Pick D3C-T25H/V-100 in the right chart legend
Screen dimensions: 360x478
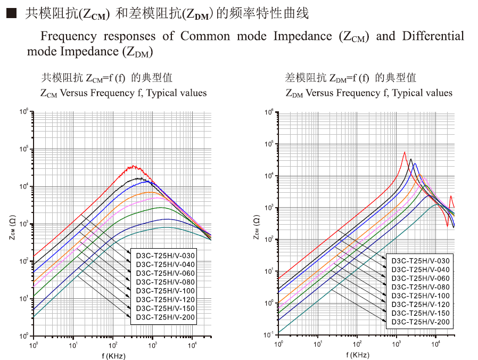tap(421, 296)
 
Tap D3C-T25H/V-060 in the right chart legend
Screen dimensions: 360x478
tap(421, 278)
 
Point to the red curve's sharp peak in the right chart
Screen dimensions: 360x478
tap(405, 152)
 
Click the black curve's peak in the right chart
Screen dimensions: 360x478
tap(410, 159)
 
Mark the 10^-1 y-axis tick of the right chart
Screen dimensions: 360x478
tap(269, 334)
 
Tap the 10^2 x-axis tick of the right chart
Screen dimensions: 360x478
tap(357, 344)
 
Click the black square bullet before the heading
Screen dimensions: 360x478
tap(11, 14)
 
